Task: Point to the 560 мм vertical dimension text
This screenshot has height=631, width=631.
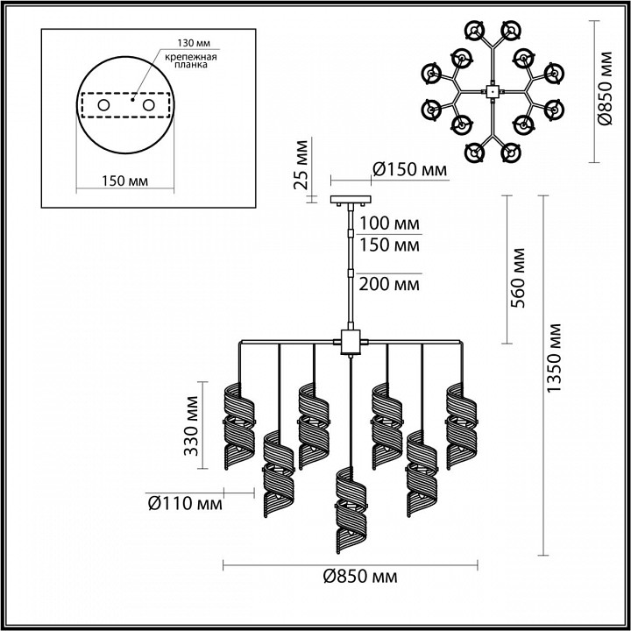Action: (x=517, y=277)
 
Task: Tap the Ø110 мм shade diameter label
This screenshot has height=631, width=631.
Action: (x=184, y=504)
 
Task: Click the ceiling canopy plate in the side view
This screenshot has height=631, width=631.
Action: (x=351, y=201)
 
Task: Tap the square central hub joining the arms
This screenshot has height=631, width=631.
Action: (x=351, y=340)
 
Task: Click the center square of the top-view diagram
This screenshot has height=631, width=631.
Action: (x=492, y=89)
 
